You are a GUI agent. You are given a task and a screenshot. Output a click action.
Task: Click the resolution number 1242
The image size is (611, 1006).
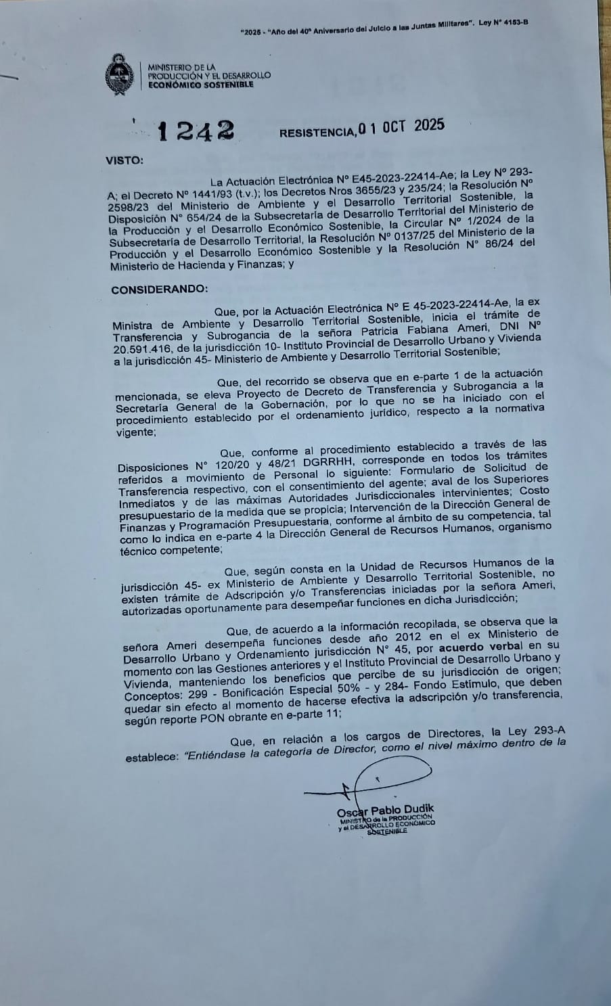coord(196,131)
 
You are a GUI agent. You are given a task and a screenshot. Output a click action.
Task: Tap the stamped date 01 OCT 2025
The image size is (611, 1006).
coord(401,127)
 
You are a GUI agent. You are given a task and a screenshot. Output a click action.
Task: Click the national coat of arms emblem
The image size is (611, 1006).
coord(120,76)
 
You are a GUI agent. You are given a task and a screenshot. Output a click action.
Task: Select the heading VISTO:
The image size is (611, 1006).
coord(125,160)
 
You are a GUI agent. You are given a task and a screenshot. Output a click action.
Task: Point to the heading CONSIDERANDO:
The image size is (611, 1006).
coord(160,290)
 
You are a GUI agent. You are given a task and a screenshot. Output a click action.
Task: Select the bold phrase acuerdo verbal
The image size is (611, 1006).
coord(476,646)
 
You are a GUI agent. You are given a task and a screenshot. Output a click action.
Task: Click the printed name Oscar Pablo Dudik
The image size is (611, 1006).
coord(386,810)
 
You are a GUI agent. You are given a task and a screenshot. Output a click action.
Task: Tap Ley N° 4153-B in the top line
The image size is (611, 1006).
coord(503,23)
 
